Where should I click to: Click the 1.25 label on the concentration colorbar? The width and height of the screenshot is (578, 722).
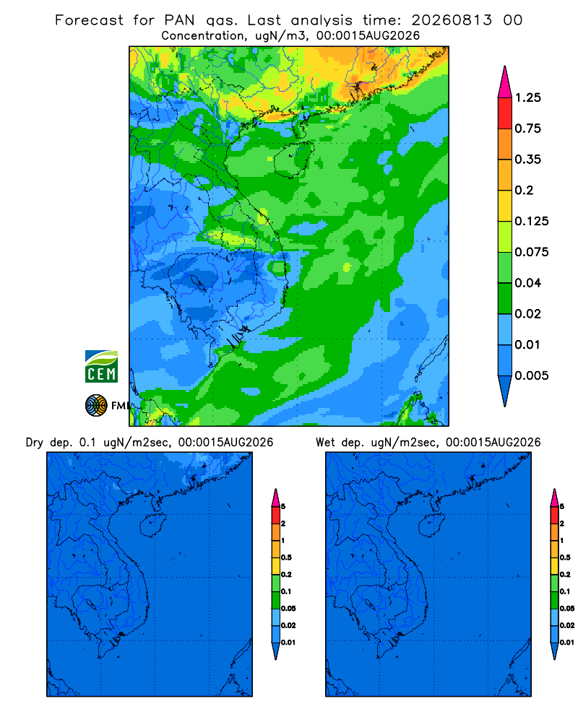[x=527, y=97]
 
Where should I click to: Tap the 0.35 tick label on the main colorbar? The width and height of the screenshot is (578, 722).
[x=527, y=160]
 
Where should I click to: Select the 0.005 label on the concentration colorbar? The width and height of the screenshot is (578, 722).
[x=532, y=375]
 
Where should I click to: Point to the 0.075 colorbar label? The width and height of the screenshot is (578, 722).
[x=532, y=252]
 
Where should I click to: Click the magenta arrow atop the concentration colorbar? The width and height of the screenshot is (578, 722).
[x=505, y=83]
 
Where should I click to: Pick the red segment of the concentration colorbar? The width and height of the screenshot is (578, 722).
[x=505, y=113]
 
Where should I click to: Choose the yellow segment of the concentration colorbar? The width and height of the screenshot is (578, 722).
[x=505, y=206]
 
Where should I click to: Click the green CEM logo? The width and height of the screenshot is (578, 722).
[x=101, y=367]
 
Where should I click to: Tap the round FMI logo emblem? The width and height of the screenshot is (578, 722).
[x=96, y=406]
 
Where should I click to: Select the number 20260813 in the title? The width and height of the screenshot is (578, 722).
[x=452, y=20]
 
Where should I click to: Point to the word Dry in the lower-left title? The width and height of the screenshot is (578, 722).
[x=34, y=443]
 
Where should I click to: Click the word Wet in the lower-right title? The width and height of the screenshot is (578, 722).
[x=324, y=443]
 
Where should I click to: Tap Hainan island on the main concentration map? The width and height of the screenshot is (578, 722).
[x=293, y=160]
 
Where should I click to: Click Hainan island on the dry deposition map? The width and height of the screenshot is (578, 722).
[x=152, y=525]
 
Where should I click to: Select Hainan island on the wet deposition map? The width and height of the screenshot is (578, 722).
[x=432, y=525]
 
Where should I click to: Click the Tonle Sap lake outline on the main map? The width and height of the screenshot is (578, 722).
[x=198, y=282]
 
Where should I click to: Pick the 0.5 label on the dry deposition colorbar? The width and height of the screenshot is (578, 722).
[x=286, y=557]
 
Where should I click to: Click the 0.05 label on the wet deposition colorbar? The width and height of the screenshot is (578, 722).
[x=567, y=609]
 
